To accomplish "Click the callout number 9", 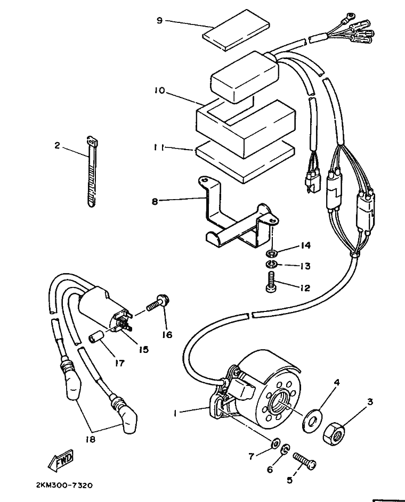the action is pyautogui.click(x=159, y=21).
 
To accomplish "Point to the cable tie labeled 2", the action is pyautogui.click(x=92, y=172).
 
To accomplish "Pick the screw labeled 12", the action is pyautogui.click(x=271, y=282).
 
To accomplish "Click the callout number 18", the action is pyautogui.click(x=91, y=440).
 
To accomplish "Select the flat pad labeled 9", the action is pyautogui.click(x=236, y=35).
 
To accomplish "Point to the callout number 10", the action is pyautogui.click(x=159, y=90).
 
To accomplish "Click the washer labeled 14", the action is pyautogui.click(x=272, y=254).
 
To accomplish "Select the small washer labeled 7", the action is pyautogui.click(x=275, y=444).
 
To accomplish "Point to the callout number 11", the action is pyautogui.click(x=158, y=148).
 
